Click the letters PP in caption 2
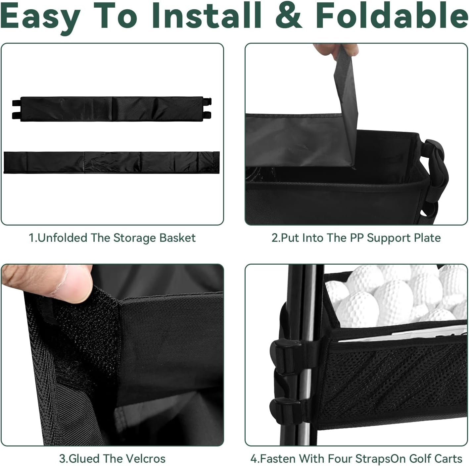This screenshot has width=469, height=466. tap(357, 238)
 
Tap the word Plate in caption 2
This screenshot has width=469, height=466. tap(427, 238)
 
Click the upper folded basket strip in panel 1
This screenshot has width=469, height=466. tap(112, 109)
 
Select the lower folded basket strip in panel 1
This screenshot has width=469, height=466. tap(112, 163)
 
